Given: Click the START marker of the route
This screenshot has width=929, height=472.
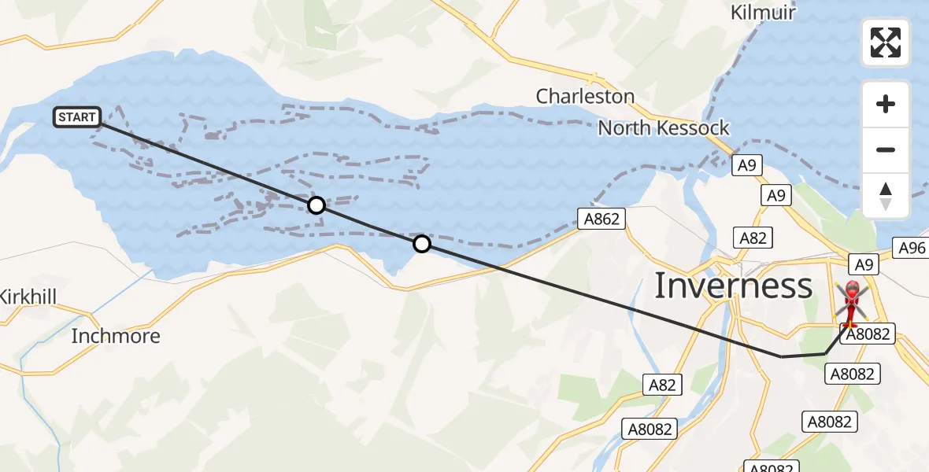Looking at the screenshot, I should click(77, 118).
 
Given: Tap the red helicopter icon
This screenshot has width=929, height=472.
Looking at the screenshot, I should click(851, 304).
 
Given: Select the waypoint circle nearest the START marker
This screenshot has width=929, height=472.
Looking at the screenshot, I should click(316, 205).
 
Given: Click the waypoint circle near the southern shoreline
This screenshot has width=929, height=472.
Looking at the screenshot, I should click(422, 244).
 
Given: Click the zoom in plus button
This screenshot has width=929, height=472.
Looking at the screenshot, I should click(886, 104).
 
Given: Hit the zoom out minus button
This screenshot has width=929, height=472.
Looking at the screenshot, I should click(886, 149).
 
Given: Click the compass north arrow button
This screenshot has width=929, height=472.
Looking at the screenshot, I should click(886, 195).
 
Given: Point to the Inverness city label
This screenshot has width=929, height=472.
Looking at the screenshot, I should click(733, 286).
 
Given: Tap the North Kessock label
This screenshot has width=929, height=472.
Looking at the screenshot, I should click(664, 128).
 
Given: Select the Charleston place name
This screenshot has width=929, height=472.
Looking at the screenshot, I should click(585, 97).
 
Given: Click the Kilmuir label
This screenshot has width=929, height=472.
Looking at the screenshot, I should click(763, 13).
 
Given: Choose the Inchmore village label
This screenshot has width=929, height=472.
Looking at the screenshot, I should click(116, 337).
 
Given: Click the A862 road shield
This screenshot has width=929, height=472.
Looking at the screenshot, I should click(602, 219).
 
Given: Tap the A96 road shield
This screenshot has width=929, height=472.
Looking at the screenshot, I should click(912, 249).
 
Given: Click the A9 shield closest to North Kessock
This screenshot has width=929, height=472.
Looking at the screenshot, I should click(747, 165).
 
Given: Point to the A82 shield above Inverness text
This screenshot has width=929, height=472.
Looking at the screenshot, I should click(752, 238).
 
